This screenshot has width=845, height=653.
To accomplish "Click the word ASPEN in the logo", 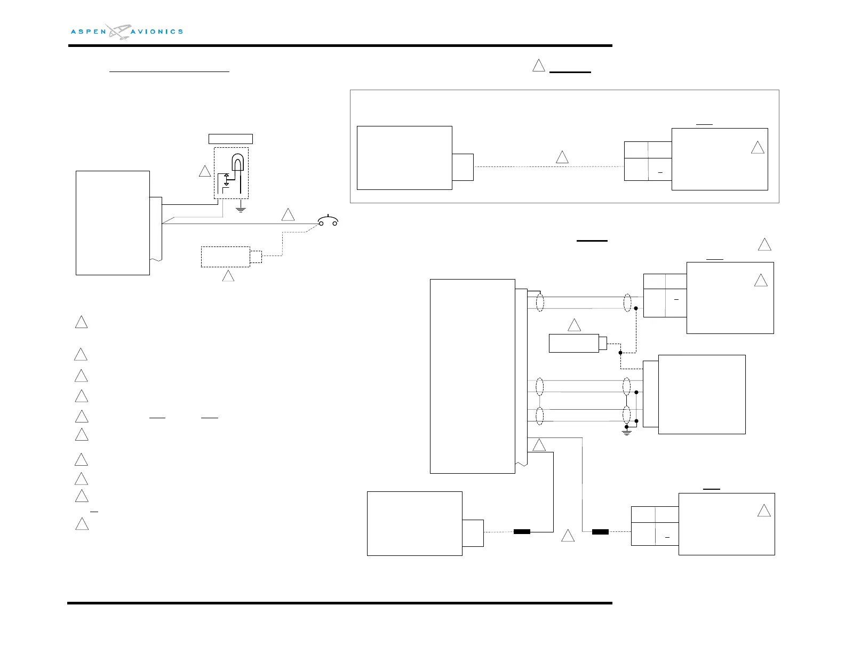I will tap(89, 32).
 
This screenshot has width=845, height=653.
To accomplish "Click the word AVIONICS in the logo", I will tap(156, 32).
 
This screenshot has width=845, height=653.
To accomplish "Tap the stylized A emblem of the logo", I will tap(118, 31).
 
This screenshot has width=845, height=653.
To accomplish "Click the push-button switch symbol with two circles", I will tap(328, 220).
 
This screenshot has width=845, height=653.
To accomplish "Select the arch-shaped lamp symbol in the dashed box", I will tap(237, 163).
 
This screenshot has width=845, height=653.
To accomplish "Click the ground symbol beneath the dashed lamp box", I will tap(241, 209).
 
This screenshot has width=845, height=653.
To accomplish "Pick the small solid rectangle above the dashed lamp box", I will tap(230, 139).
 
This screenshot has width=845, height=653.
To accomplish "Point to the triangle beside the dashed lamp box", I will tap(205, 171).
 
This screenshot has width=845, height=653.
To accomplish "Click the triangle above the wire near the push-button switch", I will tap(288, 215).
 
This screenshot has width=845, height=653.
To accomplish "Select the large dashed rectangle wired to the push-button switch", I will tap(225, 257).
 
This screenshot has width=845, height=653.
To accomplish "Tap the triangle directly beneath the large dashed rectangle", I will tap(228, 276).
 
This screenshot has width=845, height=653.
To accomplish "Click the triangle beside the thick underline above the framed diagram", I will tap(539, 66).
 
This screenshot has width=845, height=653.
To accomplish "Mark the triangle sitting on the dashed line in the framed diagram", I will tap(562, 157).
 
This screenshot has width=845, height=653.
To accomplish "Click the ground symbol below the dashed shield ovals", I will tap(627, 431).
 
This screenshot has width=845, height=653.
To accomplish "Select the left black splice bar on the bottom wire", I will tap(522, 531).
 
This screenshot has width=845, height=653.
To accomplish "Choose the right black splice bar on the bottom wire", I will tap(600, 531).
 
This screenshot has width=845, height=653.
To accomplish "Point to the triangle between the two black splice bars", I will tap(568, 536).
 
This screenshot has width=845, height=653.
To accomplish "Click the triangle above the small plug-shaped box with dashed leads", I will tap(574, 325).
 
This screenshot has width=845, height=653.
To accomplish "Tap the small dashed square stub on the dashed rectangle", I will tap(256, 257).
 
